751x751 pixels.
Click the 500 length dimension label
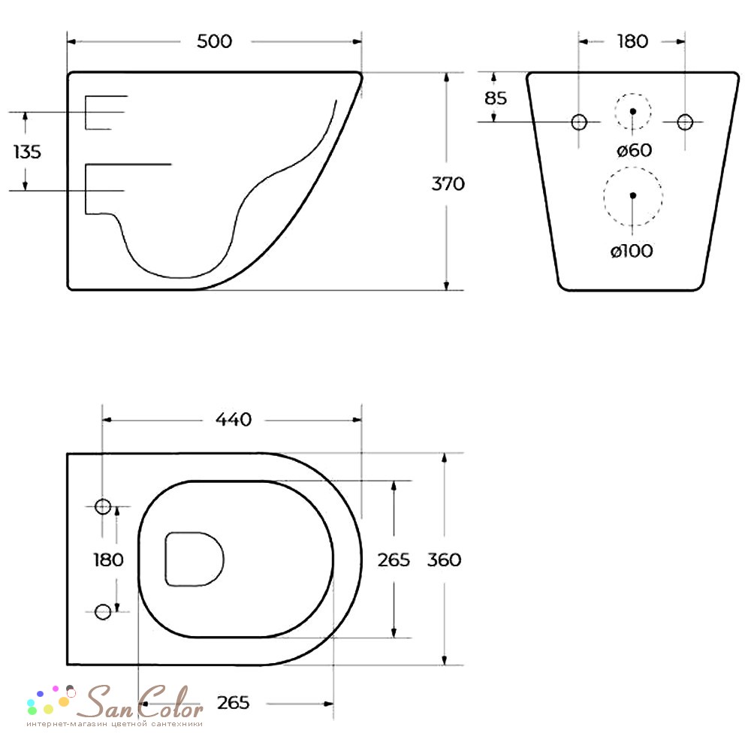pyautogui.click(x=214, y=41)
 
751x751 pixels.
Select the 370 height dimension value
pyautogui.click(x=448, y=183)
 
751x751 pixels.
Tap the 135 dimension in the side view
pyautogui.click(x=28, y=152)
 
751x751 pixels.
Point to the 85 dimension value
pyautogui.click(x=496, y=98)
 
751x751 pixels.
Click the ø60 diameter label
pyautogui.click(x=634, y=150)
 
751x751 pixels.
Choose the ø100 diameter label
pyautogui.click(x=631, y=252)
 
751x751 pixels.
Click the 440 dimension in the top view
pyautogui.click(x=234, y=420)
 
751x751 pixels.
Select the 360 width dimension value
pyautogui.click(x=444, y=559)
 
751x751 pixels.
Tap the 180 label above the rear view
pyautogui.click(x=632, y=41)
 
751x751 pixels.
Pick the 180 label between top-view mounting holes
pyautogui.click(x=108, y=559)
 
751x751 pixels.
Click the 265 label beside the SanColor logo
pyautogui.click(x=233, y=703)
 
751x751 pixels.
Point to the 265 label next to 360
pyautogui.click(x=394, y=559)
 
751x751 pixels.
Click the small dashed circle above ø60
pyautogui.click(x=633, y=111)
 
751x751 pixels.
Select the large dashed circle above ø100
pyautogui.click(x=633, y=195)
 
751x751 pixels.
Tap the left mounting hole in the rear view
pyautogui.click(x=579, y=122)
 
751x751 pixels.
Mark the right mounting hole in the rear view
pyautogui.click(x=685, y=122)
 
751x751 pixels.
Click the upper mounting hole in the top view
pyautogui.click(x=103, y=507)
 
